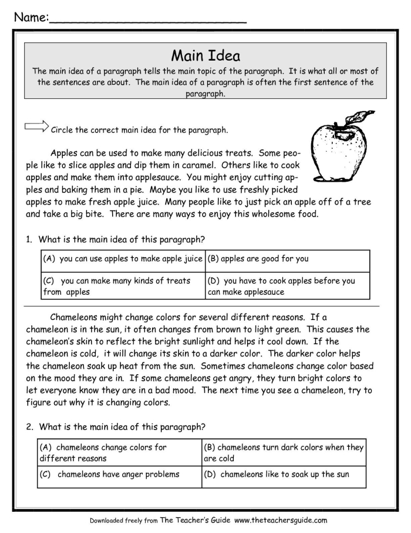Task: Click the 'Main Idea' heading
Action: pos(206,56)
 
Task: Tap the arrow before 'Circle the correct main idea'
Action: pos(36,126)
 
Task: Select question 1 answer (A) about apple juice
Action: pos(123,259)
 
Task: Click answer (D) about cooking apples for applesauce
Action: pos(287,286)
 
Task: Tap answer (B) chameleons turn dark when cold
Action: pos(284,452)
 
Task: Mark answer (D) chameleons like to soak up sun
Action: pos(284,474)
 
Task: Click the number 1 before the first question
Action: pos(28,239)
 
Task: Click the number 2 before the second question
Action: pos(28,426)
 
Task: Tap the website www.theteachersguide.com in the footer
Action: pos(281,520)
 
